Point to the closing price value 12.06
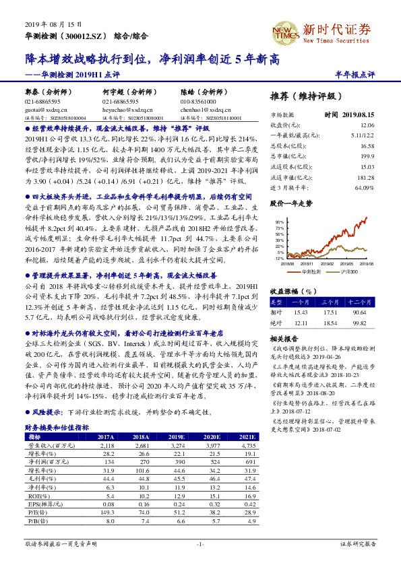click(367, 125)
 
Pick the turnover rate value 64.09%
click(364, 187)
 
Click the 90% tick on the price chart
click(279, 221)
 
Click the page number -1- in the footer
click(200, 543)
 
